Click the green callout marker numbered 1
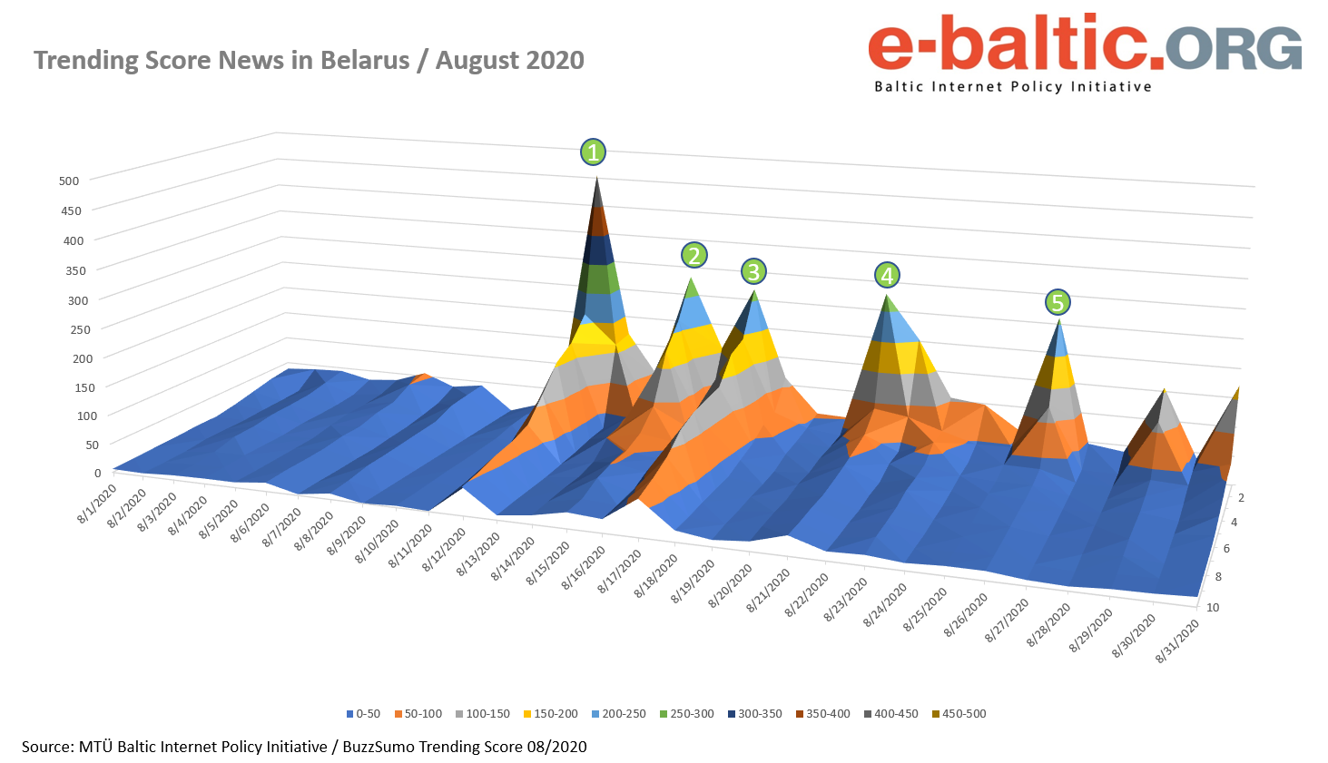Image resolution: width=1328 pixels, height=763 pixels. pyautogui.click(x=593, y=152)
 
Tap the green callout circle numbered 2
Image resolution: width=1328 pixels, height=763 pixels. pyautogui.click(x=694, y=256)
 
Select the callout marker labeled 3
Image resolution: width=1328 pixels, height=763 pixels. pyautogui.click(x=753, y=271)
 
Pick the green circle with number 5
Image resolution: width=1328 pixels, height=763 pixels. pyautogui.click(x=1057, y=302)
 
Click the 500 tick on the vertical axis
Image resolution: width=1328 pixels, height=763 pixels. pyautogui.click(x=70, y=181)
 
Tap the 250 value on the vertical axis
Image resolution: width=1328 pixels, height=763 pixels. pyautogui.click(x=79, y=329)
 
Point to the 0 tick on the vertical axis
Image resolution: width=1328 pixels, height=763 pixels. pyautogui.click(x=97, y=473)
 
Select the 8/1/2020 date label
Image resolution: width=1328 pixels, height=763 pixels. pyautogui.click(x=97, y=504)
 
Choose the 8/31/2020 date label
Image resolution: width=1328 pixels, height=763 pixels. pyautogui.click(x=1177, y=642)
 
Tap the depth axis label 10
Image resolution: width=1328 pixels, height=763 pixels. pyautogui.click(x=1213, y=607)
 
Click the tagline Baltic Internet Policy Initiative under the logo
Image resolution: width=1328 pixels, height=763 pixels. pyautogui.click(x=1012, y=87)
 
